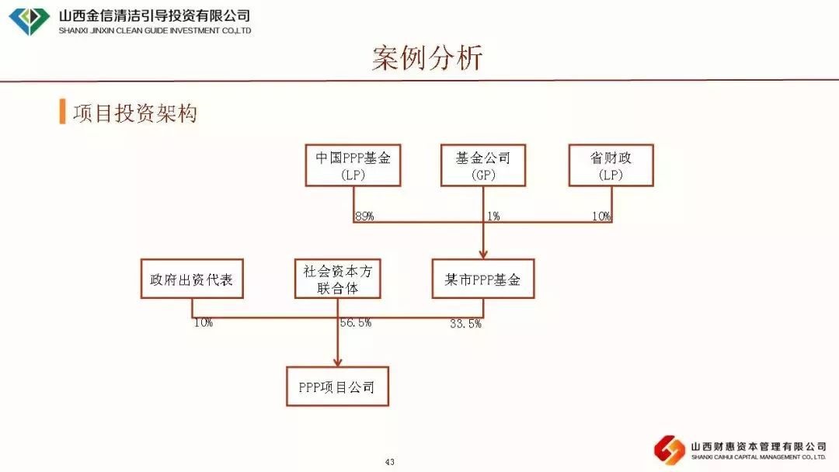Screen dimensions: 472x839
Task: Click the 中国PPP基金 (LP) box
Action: click(353, 165)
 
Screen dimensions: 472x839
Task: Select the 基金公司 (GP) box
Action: click(482, 165)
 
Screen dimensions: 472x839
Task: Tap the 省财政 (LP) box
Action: click(611, 165)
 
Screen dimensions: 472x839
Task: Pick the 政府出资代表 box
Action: click(191, 279)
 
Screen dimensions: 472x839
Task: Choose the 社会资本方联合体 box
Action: click(338, 279)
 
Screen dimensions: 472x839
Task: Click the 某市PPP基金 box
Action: click(482, 279)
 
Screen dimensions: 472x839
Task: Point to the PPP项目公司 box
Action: click(337, 387)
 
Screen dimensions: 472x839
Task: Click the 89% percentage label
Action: click(364, 217)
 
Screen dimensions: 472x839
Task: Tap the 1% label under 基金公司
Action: click(493, 217)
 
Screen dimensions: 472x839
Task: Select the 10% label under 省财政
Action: click(601, 217)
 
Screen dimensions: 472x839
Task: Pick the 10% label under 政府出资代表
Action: click(204, 323)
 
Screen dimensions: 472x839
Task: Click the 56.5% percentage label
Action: click(356, 323)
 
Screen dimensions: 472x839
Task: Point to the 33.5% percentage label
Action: click(465, 324)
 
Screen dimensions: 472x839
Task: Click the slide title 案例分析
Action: click(426, 58)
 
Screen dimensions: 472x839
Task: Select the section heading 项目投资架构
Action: click(135, 113)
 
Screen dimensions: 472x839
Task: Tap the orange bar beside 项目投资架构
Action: click(62, 112)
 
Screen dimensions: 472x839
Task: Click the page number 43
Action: click(390, 463)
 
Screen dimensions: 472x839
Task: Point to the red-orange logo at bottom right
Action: click(670, 449)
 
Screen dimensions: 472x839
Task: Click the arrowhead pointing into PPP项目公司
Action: click(338, 360)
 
